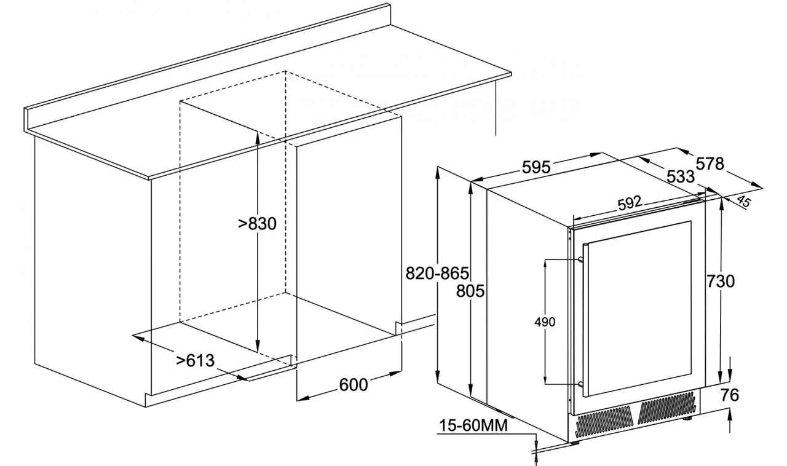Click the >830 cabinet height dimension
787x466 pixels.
click(257, 224)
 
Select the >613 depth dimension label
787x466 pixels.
click(195, 360)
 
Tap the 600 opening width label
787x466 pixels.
click(354, 385)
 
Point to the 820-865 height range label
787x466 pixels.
click(437, 273)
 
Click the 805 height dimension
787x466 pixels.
click(470, 291)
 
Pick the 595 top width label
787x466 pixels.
click(536, 167)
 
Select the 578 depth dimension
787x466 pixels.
click(710, 164)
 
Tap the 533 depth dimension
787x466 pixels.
click(681, 176)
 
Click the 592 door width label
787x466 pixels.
click(630, 203)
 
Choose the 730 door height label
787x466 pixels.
click(720, 281)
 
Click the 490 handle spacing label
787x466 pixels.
click(545, 322)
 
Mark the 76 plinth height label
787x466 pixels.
click(730, 395)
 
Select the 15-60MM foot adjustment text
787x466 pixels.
click(473, 425)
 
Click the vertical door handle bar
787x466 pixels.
click(585, 320)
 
